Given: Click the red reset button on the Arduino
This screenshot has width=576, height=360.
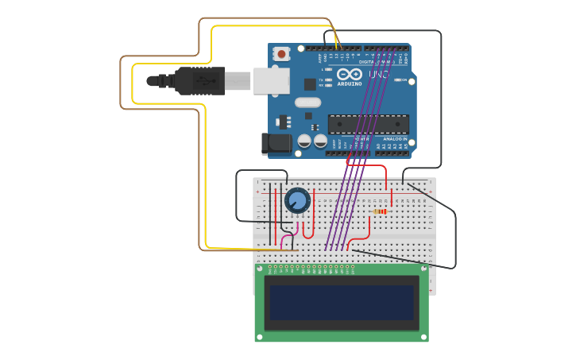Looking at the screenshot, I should point(281,54).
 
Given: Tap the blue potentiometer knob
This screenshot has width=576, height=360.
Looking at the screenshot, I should point(297,200).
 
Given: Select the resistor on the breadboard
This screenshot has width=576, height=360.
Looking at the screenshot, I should point(381,212).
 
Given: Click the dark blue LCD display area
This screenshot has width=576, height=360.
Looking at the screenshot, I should point(342,302).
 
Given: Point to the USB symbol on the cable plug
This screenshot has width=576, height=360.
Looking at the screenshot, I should point(207,81).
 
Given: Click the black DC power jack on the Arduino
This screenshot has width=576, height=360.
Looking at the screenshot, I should point(273,143).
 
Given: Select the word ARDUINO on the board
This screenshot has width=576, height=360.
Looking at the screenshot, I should point(350,83).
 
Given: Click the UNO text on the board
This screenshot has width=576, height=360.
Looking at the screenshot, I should point(379,75).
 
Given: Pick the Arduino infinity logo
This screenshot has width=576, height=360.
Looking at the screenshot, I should point(350,74).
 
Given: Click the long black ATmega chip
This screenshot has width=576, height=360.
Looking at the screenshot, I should point(369,124).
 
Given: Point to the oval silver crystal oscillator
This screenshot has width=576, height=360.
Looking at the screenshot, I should point(307,102).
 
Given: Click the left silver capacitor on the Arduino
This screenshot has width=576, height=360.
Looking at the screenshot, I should point(304,141).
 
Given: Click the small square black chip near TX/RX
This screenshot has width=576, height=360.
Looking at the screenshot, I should point(310,83).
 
